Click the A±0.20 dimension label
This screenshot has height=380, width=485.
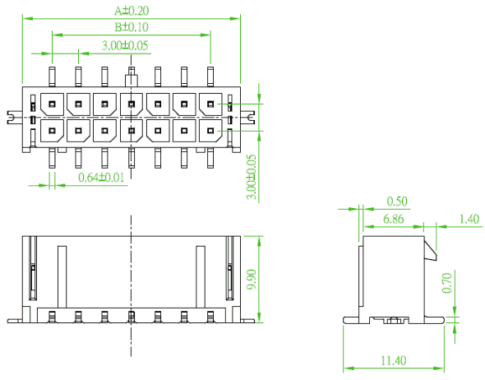pyautogui.click(x=132, y=11)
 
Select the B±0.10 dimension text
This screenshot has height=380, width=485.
pyautogui.click(x=132, y=27)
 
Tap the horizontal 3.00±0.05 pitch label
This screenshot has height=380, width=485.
pyautogui.click(x=125, y=45)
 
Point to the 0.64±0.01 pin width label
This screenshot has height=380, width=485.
pyautogui.click(x=101, y=178)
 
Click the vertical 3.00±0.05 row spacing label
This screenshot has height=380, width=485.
pyautogui.click(x=252, y=177)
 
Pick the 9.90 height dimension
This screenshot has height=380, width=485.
pyautogui.click(x=252, y=280)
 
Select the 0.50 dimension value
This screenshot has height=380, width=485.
pyautogui.click(x=397, y=202)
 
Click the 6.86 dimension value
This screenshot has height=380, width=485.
pyautogui.click(x=394, y=219)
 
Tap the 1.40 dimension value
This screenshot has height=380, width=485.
pyautogui.click(x=469, y=219)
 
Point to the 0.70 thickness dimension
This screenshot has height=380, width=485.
pyautogui.click(x=447, y=283)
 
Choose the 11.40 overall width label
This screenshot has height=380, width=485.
pyautogui.click(x=394, y=361)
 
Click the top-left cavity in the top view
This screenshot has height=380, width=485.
pyautogui.click(x=52, y=104)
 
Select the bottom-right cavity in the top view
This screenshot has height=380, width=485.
pyautogui.click(x=210, y=131)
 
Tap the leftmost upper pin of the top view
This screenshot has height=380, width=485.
pyautogui.click(x=52, y=76)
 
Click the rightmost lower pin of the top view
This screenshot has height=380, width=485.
pyautogui.click(x=210, y=158)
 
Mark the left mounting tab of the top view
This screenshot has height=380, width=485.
pyautogui.click(x=15, y=118)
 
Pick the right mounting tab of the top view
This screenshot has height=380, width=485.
pyautogui.click(x=247, y=118)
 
